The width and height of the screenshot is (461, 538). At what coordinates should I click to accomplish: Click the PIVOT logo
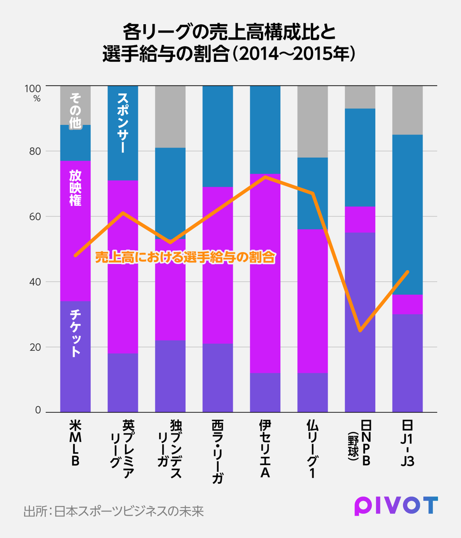click(396, 506)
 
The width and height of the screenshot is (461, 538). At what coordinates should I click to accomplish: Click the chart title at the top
click(230, 43)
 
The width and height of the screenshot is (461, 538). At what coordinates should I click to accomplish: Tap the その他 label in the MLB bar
click(75, 110)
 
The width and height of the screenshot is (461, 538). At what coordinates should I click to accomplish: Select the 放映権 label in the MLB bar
click(75, 188)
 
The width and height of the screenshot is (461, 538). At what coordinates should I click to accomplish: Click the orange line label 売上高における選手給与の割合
click(185, 257)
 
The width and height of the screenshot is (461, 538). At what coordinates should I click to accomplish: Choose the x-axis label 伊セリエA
click(265, 448)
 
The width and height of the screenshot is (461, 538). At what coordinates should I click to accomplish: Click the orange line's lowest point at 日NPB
click(360, 331)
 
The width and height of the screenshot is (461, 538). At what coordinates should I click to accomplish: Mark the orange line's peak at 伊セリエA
click(265, 177)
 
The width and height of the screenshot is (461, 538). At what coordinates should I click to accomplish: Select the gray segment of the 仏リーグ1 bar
click(313, 121)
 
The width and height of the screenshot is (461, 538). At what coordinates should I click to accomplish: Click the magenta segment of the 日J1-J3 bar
click(407, 304)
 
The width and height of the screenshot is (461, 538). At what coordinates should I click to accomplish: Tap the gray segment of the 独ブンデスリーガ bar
click(170, 116)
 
